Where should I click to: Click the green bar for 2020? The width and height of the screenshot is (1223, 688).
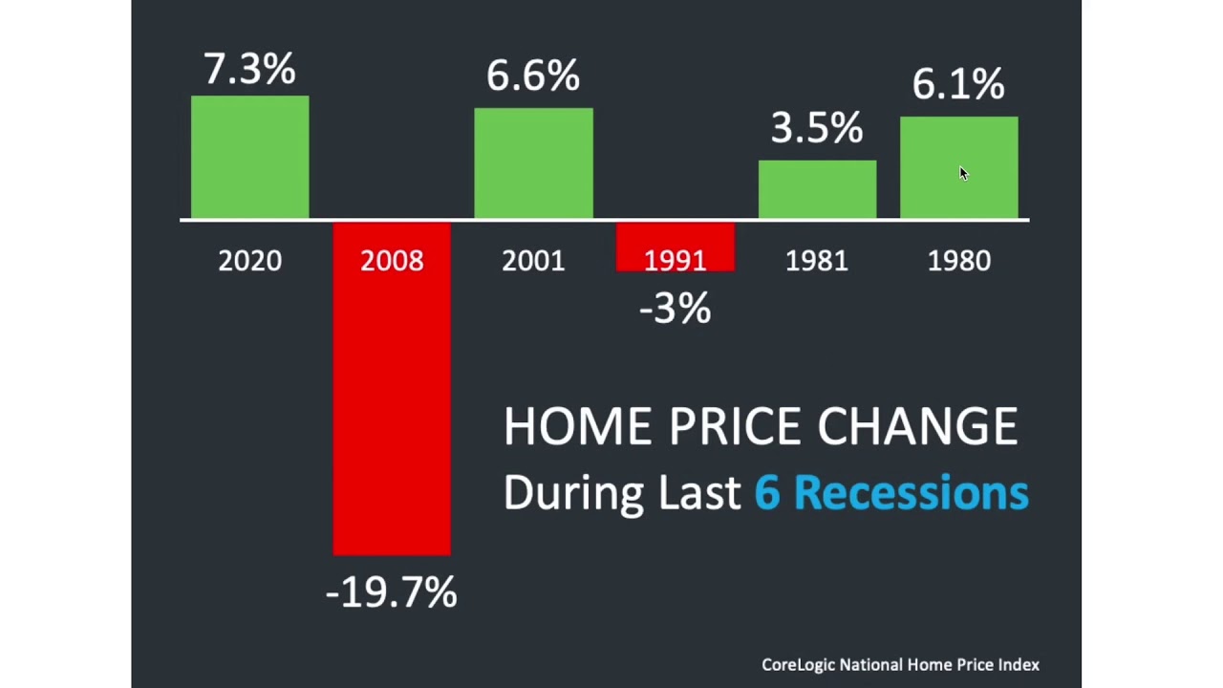(249, 158)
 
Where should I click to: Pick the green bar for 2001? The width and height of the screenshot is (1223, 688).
(533, 163)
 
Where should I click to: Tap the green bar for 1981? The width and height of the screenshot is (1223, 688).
(817, 189)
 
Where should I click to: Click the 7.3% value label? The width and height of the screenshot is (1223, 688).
(249, 70)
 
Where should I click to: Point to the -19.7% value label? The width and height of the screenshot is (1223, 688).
(391, 592)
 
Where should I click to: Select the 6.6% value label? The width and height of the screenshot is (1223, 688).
(533, 75)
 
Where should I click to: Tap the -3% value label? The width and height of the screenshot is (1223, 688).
(675, 309)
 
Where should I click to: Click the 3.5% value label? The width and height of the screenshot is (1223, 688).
(817, 127)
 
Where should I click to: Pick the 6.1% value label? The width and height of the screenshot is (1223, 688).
(958, 84)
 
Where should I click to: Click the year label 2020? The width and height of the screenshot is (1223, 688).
(249, 261)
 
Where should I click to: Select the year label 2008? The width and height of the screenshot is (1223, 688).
(392, 261)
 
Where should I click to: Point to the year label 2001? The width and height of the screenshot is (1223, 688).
(533, 261)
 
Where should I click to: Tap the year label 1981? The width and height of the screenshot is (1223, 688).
(817, 261)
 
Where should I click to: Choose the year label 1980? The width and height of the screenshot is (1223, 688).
(958, 261)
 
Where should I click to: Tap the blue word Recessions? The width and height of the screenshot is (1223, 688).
(911, 492)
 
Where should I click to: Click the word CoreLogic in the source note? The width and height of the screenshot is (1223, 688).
(798, 665)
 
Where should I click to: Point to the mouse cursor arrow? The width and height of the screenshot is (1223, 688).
(963, 173)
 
